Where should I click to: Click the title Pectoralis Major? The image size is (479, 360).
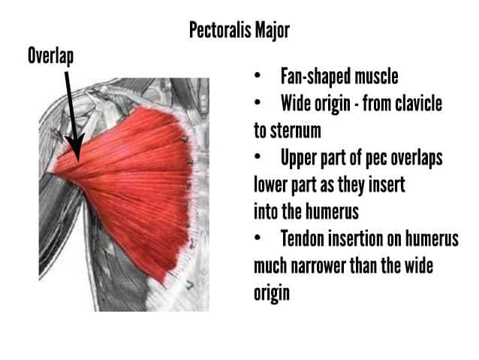[239, 30]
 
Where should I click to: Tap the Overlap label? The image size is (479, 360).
[51, 56]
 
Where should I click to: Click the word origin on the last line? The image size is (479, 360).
[272, 293]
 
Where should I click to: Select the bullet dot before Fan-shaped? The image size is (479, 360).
[258, 76]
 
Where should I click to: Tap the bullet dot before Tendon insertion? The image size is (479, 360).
[258, 237]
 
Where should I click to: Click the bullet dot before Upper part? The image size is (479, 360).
[258, 156]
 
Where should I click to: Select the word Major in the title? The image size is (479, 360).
[273, 31]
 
